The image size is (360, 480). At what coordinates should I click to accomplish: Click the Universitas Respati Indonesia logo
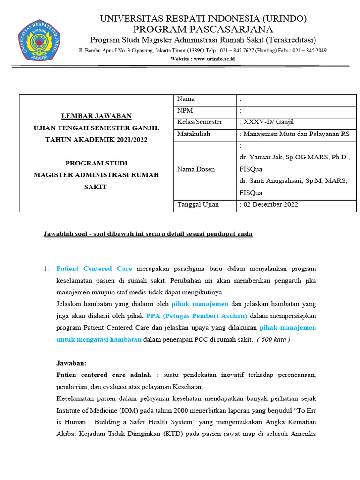(x=39, y=40)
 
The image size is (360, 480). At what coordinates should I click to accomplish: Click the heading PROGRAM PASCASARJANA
(x=203, y=29)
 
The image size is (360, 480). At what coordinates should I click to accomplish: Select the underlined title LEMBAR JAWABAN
(x=96, y=116)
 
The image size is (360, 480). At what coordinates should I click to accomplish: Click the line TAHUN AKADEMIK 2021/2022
(x=96, y=139)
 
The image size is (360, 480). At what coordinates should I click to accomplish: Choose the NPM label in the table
(x=185, y=111)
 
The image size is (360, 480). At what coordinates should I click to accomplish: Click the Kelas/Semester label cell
(x=199, y=122)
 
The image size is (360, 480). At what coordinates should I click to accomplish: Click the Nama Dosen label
(x=196, y=169)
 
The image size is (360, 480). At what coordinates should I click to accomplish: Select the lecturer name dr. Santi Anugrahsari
(x=275, y=181)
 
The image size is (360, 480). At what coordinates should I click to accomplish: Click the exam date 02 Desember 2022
(x=270, y=204)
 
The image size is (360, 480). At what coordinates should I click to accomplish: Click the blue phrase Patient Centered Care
(x=94, y=269)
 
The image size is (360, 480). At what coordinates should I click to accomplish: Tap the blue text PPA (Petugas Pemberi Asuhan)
(x=196, y=315)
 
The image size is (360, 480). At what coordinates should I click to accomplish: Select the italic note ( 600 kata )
(x=273, y=339)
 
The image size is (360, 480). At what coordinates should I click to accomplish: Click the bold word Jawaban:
(x=72, y=363)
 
